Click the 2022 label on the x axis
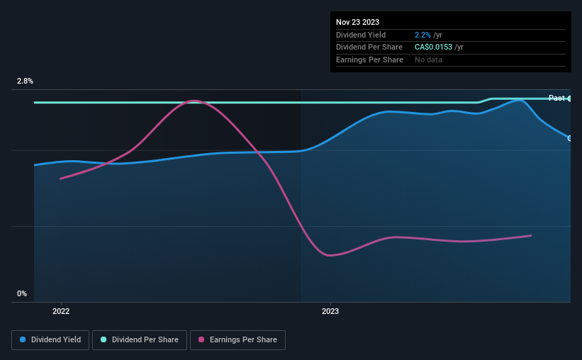[61, 311]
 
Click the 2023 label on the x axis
[330, 311]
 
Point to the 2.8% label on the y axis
[25, 81]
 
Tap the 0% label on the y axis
[22, 293]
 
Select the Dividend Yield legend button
[50, 340]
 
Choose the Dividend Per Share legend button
[140, 340]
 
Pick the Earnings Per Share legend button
[237, 340]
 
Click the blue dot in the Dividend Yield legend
[23, 339]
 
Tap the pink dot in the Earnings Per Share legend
[201, 339]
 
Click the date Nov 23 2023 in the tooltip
[357, 22]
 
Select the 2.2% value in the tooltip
[422, 35]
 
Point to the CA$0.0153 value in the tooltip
[433, 47]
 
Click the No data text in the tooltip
[428, 60]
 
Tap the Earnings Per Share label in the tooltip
[369, 60]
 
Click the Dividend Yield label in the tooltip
[361, 35]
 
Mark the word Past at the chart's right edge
[556, 98]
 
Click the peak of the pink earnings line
[194, 101]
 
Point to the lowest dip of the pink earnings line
[329, 255]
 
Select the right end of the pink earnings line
[531, 236]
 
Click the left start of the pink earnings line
[60, 179]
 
